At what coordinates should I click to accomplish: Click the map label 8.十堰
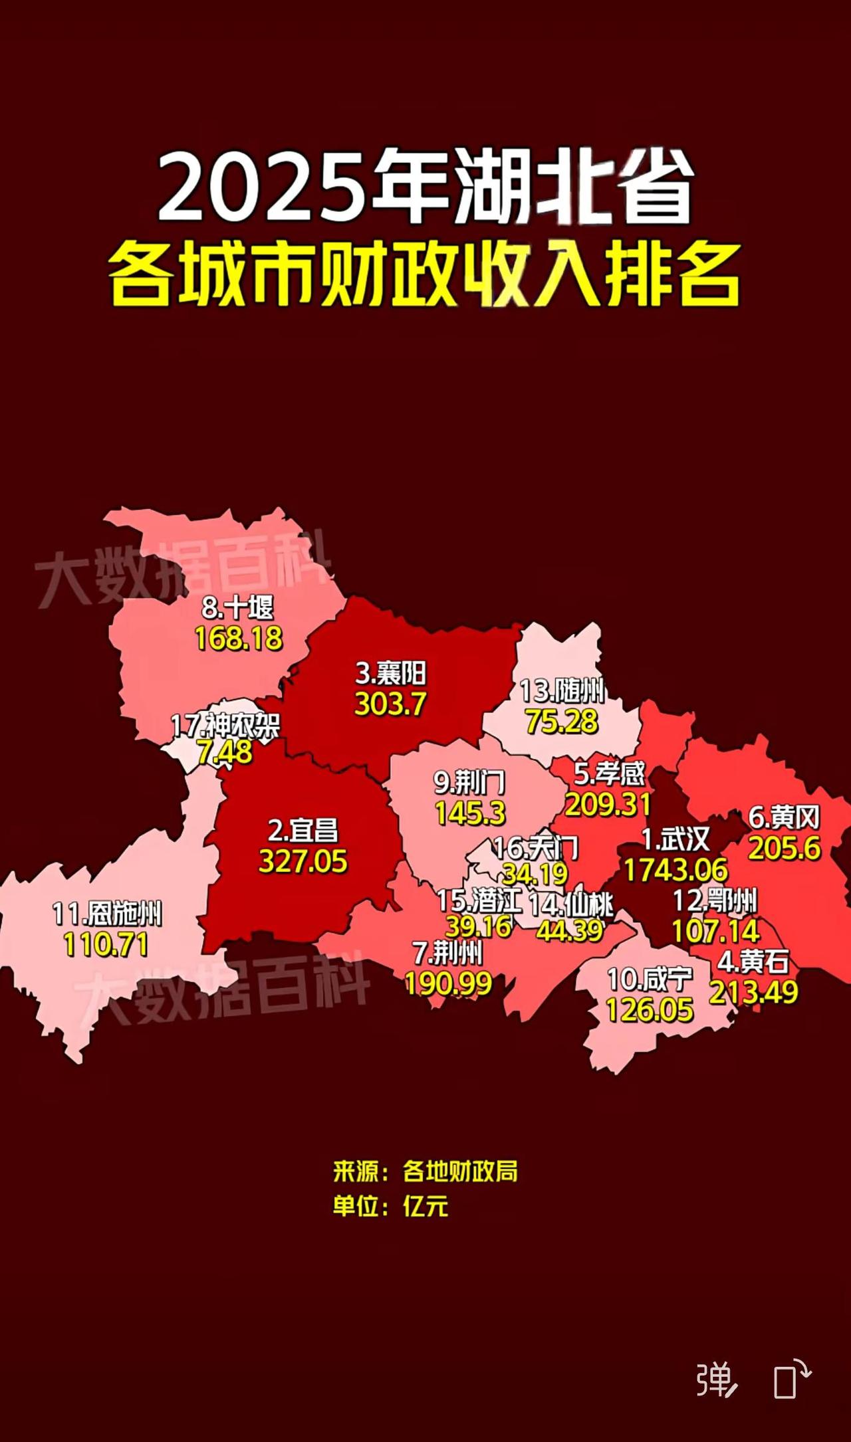[x=238, y=607]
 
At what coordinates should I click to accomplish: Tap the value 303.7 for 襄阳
[x=390, y=704]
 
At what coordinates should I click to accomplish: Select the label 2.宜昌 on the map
[x=303, y=831]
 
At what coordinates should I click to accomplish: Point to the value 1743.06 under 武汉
[x=675, y=870]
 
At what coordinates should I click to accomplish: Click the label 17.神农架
[x=225, y=725]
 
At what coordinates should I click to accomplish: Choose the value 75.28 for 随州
[x=562, y=722]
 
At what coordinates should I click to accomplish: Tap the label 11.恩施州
[x=107, y=914]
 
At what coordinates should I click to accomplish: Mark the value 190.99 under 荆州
[x=449, y=984]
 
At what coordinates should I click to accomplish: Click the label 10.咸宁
[x=650, y=979]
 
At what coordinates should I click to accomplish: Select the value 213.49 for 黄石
[x=753, y=993]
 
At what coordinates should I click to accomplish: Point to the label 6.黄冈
[x=785, y=817]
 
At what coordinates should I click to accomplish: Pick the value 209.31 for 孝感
[x=608, y=805]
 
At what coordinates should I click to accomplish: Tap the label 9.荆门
[x=469, y=782]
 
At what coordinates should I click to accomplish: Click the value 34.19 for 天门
[x=535, y=874]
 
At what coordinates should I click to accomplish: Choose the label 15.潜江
[x=479, y=901]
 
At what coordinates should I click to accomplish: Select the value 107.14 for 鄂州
[x=715, y=932]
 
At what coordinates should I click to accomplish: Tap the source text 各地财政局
[x=460, y=1171]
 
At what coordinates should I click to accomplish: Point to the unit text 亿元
[x=425, y=1206]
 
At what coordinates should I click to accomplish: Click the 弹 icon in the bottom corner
[x=716, y=1380]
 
